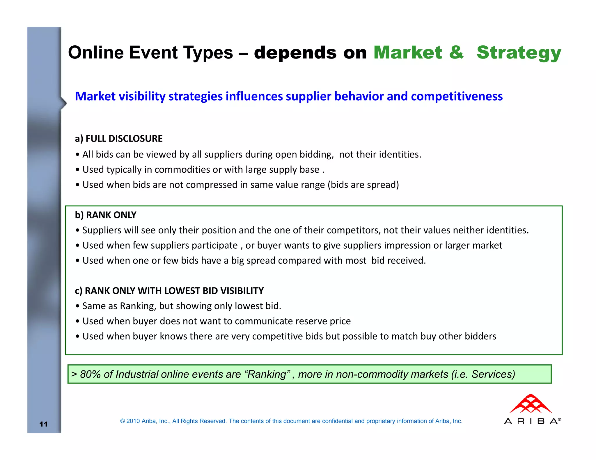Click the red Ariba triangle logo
[530, 404]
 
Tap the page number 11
[43, 424]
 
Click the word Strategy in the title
[519, 53]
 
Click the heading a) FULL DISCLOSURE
[118, 139]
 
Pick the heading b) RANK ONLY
[105, 215]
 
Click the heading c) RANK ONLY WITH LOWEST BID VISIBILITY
[169, 291]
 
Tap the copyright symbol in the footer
[123, 421]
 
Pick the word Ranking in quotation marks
[267, 374]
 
